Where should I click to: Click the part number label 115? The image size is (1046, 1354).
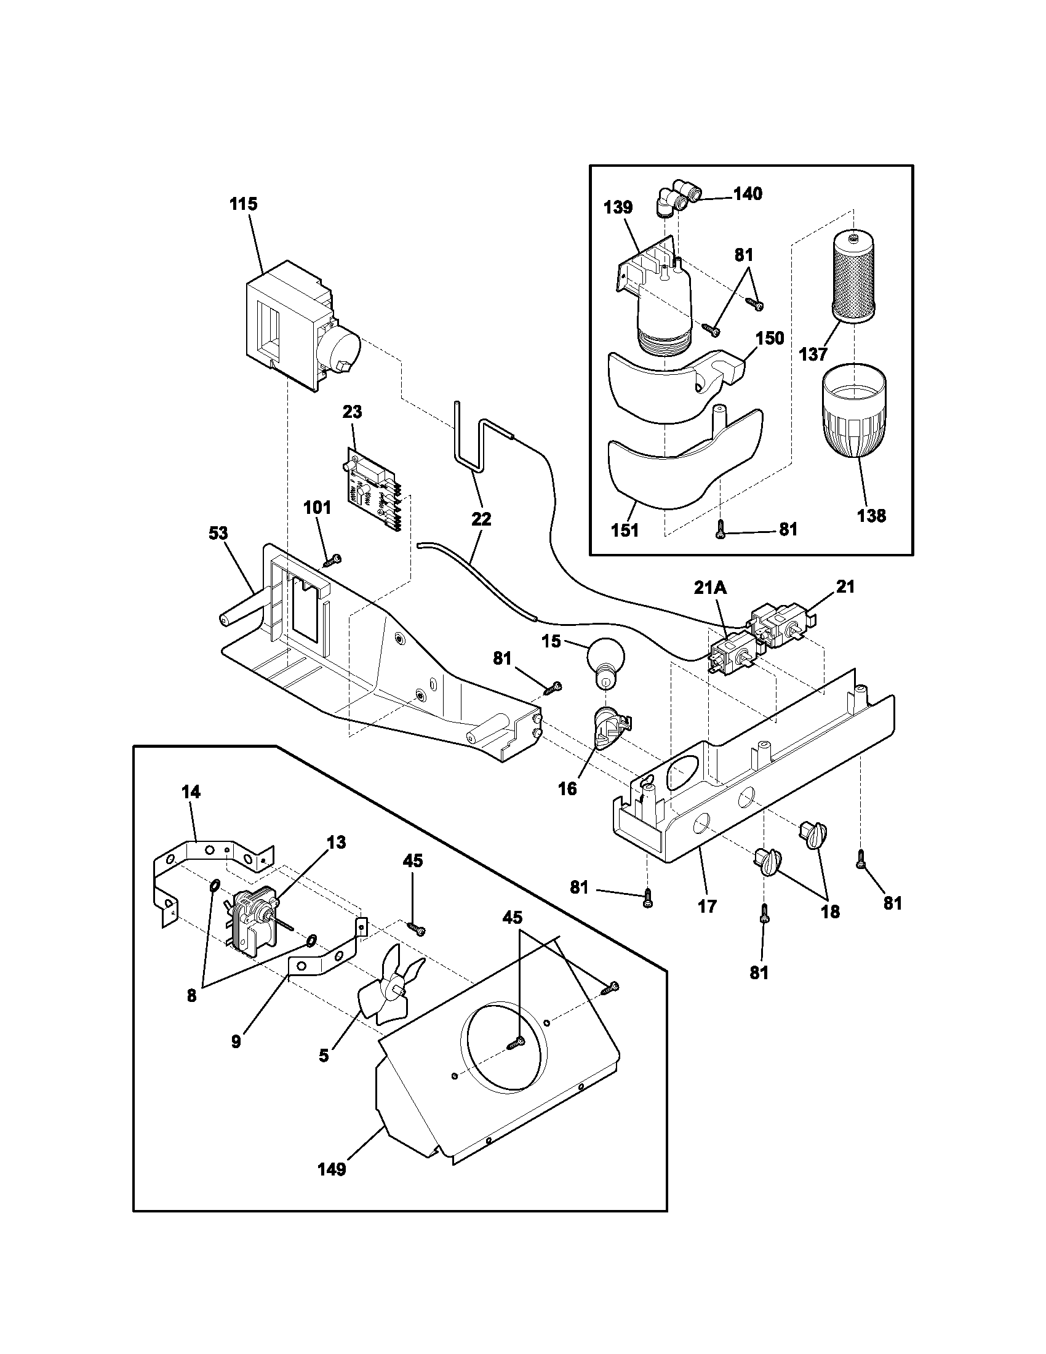(x=244, y=204)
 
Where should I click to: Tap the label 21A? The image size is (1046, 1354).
(x=709, y=587)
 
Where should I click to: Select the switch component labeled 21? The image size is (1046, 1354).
(x=779, y=623)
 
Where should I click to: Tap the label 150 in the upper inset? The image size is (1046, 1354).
(x=770, y=338)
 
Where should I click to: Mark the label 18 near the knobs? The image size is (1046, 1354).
(x=830, y=911)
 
